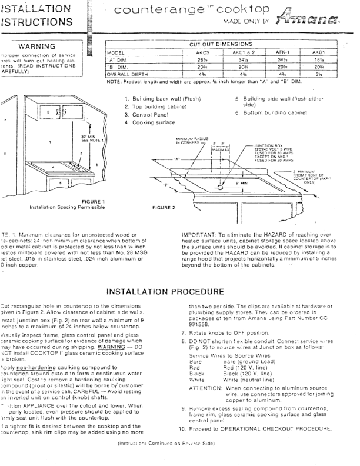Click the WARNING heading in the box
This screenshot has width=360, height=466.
[37, 46]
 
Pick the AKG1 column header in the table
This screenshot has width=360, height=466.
[319, 52]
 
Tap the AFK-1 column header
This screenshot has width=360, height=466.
[284, 52]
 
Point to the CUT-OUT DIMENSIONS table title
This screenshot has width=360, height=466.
[221, 44]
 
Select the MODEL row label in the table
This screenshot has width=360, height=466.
[117, 52]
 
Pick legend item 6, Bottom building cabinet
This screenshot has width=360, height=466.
[271, 112]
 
